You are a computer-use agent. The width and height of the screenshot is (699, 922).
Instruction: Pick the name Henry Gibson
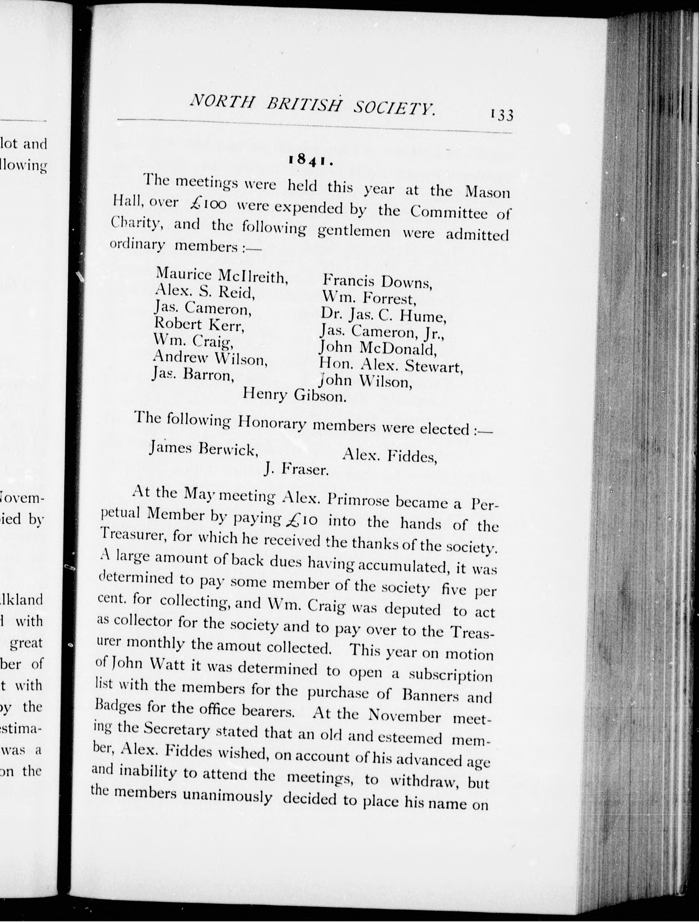[295, 394]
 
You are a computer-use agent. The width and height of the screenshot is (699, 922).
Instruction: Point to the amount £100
[207, 203]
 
